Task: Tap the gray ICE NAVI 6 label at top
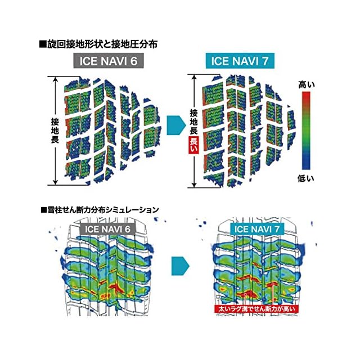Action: [112, 60]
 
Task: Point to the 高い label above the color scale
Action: [306, 84]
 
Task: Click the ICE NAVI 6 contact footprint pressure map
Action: [107, 129]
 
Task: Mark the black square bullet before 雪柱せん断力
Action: [43, 209]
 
